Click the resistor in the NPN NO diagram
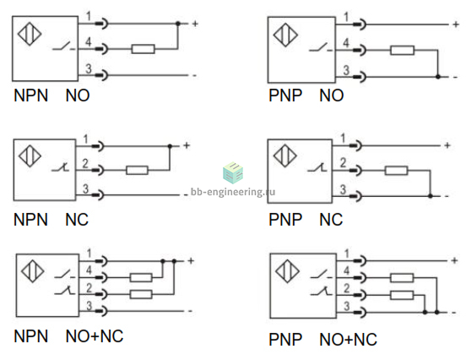point(144,49)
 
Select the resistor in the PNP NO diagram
point(402,50)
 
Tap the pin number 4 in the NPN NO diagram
point(89,42)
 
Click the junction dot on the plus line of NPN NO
point(178,24)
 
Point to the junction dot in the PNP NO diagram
point(438,77)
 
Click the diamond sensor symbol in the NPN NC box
point(30,155)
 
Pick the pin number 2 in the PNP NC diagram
point(343,162)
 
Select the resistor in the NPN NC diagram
point(137,170)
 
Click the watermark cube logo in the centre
point(233,173)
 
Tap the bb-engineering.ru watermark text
point(233,192)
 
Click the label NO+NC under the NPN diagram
point(95,336)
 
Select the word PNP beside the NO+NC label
point(285,340)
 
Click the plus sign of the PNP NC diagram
point(447,145)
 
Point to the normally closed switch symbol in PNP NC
point(317,167)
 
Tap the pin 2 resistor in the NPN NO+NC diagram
point(141,295)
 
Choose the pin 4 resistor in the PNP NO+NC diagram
point(402,278)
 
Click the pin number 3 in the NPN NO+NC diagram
point(89,306)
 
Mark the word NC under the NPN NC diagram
point(77,220)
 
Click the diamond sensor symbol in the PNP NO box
point(285,35)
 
